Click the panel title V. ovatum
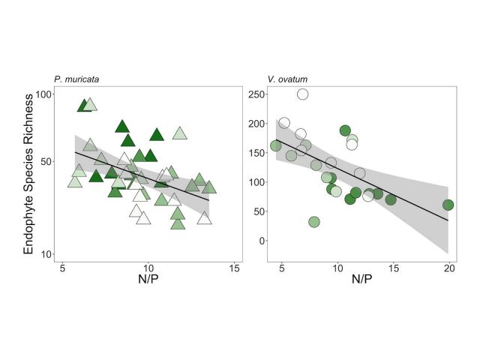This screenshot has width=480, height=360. click(x=287, y=79)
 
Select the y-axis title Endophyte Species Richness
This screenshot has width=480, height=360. click(x=30, y=174)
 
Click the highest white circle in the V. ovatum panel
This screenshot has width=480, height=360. click(x=302, y=94)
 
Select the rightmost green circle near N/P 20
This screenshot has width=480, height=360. click(x=448, y=205)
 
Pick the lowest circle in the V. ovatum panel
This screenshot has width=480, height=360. click(x=314, y=222)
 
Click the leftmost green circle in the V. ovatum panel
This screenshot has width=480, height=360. click(x=275, y=145)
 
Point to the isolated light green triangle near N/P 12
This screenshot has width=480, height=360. click(x=180, y=133)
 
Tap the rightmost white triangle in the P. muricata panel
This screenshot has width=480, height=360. click(x=204, y=218)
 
